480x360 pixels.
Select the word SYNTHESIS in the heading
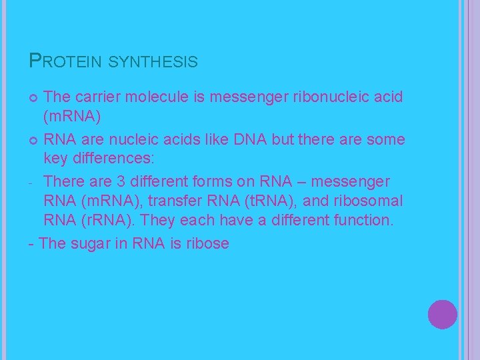(x=153, y=62)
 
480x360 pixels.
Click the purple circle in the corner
(x=443, y=315)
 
